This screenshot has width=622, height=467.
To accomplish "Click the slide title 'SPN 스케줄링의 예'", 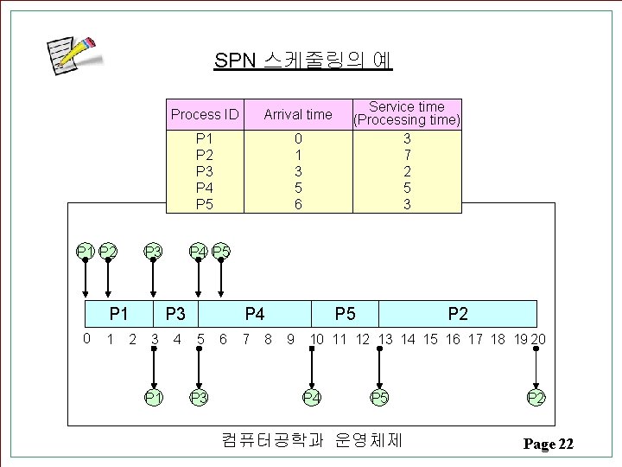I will [x=303, y=61].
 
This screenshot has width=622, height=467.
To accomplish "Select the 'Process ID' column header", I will [x=205, y=114].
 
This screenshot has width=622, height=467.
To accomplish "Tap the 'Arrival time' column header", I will [x=297, y=114].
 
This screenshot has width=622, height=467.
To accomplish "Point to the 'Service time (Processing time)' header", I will [x=407, y=113].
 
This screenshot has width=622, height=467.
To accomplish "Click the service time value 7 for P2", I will [x=407, y=155].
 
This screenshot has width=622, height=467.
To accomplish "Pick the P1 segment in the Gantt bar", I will [x=119, y=313].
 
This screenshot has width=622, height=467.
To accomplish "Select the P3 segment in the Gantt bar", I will [x=175, y=313].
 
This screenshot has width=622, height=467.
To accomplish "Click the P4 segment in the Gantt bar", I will [x=255, y=313].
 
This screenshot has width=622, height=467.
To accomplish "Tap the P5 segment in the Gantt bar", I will [x=345, y=313].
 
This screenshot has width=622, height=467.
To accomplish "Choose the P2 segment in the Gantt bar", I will [x=458, y=313].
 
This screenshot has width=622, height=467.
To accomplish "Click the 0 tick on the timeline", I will [x=86, y=338].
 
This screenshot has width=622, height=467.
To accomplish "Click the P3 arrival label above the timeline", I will [x=153, y=252].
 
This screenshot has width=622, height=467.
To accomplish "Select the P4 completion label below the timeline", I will [x=312, y=397].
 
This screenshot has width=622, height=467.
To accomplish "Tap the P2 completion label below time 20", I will [x=536, y=397].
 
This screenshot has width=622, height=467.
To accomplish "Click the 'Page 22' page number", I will [x=548, y=445].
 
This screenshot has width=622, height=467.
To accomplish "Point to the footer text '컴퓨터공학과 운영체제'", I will [x=312, y=440].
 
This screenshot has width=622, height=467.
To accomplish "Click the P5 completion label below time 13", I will [x=379, y=397].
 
